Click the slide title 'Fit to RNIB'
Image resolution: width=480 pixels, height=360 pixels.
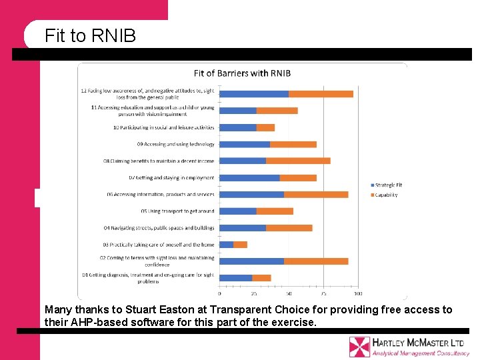(x=90, y=35)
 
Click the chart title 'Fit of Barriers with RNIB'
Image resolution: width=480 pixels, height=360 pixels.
(x=242, y=73)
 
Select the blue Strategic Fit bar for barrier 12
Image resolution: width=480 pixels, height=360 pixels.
(x=254, y=94)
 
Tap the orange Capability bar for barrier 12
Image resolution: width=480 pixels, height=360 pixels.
(x=321, y=94)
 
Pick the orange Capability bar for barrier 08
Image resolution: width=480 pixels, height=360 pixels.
(x=298, y=161)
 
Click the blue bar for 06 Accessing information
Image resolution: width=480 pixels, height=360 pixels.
(x=251, y=194)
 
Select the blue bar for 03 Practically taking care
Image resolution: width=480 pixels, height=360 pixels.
(x=227, y=245)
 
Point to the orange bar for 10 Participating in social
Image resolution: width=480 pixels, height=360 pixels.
(x=265, y=127)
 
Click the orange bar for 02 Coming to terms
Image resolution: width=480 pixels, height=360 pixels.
(x=316, y=261)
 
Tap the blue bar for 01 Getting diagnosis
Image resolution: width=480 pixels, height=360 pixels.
(x=236, y=278)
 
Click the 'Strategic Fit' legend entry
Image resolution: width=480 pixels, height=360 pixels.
(x=388, y=185)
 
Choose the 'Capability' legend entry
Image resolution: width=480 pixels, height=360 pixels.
(x=386, y=195)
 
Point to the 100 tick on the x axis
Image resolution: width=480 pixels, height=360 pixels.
(x=358, y=293)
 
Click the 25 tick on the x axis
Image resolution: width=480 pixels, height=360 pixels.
(x=254, y=293)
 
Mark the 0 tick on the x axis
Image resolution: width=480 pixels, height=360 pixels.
(x=220, y=293)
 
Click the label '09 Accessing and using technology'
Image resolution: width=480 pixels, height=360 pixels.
(x=176, y=144)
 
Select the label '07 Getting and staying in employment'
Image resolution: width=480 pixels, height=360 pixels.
(x=172, y=178)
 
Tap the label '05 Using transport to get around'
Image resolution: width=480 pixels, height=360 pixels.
(x=178, y=211)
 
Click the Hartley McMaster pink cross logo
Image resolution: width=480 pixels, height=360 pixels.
(x=359, y=347)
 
